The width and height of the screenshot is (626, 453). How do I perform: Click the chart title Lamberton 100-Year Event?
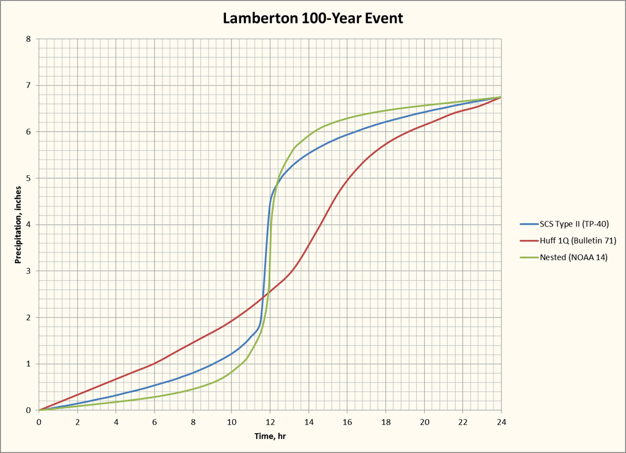312,18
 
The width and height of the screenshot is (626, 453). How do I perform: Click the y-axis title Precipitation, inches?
19,225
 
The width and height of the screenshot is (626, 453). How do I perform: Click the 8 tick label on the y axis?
28,39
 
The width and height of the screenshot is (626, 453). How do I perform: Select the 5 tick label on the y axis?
28,178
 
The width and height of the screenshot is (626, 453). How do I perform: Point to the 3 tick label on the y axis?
28,271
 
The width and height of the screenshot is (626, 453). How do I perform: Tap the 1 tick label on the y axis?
28,364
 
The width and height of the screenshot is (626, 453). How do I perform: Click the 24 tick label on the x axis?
501,421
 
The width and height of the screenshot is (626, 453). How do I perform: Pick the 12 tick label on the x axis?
270,421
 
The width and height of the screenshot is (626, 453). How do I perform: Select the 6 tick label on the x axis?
155,421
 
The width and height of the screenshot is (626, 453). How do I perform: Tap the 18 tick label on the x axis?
386,421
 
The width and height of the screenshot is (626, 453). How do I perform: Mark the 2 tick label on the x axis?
77,421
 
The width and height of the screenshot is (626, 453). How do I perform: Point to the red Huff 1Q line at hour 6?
155,363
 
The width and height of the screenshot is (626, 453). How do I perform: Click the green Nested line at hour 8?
193,388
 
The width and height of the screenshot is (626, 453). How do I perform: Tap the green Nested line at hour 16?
347,118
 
